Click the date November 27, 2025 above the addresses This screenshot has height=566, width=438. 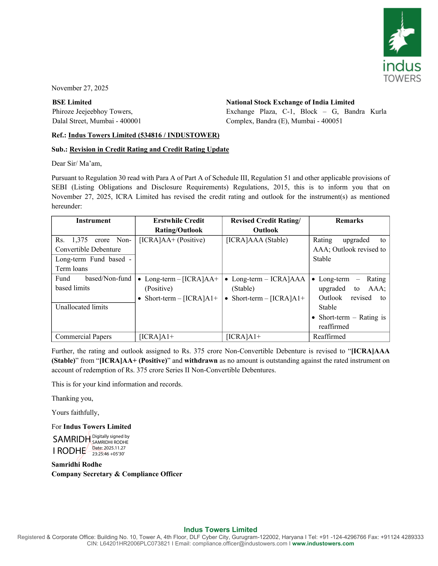pos(80,88)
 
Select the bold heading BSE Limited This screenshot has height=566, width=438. pos(72,102)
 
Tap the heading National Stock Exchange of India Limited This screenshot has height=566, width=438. pos(290,102)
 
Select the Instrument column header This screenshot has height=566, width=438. pos(93,220)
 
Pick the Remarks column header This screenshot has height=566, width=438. pos(349,220)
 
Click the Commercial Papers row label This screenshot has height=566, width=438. pos(83,337)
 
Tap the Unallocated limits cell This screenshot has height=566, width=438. pos(81,307)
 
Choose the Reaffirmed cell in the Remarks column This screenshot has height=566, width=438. pos(329,337)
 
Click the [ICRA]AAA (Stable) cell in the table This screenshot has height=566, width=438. pos(257,240)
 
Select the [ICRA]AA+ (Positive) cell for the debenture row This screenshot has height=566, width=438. pos(172,240)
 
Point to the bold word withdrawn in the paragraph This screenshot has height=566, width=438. pos(201,360)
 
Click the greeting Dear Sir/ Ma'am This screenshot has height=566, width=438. pos(77,164)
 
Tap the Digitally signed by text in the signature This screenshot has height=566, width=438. pos(111,436)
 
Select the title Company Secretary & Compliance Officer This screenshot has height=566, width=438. pos(117,474)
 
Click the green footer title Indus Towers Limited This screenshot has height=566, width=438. pos(220,530)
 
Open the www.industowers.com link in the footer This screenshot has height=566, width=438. pos(323,544)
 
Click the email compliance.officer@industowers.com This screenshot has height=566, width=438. pos(240,544)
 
